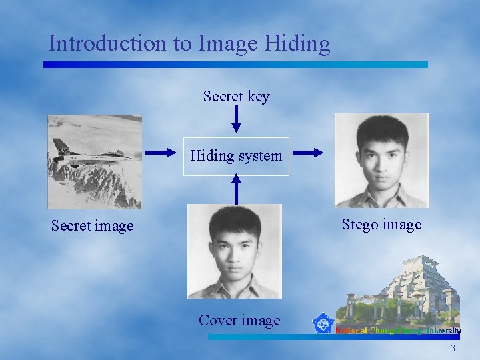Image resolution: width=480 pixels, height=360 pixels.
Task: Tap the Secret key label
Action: [236, 97]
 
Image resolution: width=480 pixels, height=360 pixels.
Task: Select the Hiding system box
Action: [236, 156]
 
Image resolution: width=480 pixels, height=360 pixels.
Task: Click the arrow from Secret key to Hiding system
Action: [235, 119]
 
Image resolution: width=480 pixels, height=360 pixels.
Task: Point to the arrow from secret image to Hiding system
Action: [161, 153]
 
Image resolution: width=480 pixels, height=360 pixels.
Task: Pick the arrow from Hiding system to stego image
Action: [308, 153]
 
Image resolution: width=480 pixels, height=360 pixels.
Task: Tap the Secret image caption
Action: [92, 226]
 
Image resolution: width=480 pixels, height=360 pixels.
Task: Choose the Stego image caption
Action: [381, 225]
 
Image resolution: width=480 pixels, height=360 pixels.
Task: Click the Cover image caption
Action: [239, 321]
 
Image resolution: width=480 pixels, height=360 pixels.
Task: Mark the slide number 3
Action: [453, 349]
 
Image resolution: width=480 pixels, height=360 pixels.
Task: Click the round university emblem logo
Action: [324, 324]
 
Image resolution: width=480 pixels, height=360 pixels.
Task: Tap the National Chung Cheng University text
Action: [398, 331]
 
